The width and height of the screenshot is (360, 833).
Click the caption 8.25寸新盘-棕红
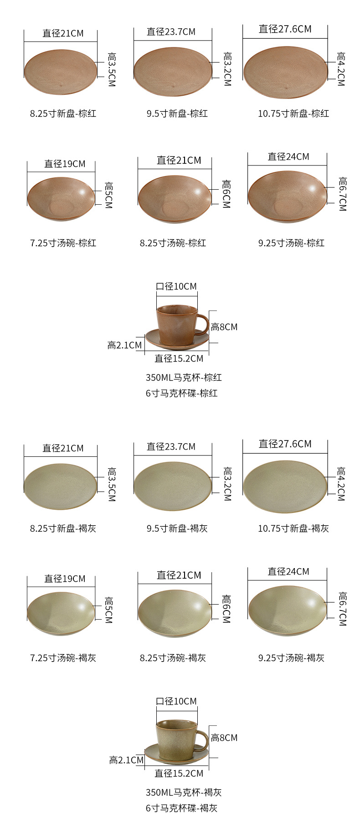pos(63,114)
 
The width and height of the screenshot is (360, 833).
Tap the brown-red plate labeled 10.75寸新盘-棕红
pos(285,73)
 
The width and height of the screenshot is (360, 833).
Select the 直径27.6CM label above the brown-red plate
pos(285,29)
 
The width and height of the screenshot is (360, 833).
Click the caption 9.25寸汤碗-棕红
pos(291,243)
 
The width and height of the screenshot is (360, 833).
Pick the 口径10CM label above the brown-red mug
pos(176,286)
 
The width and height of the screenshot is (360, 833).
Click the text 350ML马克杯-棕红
pos(184,378)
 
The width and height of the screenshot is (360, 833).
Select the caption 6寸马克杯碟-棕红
pos(181,393)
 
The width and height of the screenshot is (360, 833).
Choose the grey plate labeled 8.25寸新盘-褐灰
pos(60,487)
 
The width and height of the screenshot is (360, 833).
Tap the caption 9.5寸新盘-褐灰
pos(177,528)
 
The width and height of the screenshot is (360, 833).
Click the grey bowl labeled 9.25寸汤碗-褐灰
pos(288,610)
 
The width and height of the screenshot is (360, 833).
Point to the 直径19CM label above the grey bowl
pos(65,579)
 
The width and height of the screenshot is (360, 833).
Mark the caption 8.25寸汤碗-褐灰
pos(173,658)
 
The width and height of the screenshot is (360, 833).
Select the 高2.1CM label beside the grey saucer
pos(126,760)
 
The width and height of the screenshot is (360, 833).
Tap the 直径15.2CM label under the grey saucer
pos(179,773)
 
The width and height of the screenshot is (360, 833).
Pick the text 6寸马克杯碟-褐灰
pos(181,808)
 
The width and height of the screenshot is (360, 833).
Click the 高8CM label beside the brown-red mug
pos(224,327)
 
